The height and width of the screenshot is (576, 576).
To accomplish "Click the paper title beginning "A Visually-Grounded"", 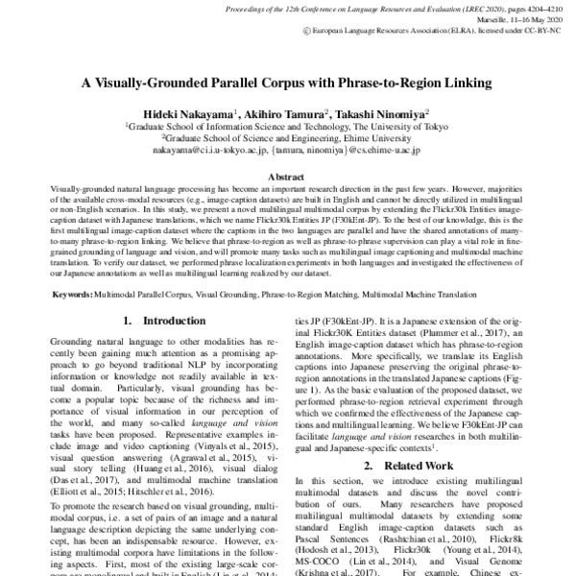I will click(287, 84).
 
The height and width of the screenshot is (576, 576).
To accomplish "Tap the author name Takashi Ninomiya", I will click(379, 113).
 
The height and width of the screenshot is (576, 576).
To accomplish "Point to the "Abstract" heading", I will click(287, 179).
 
